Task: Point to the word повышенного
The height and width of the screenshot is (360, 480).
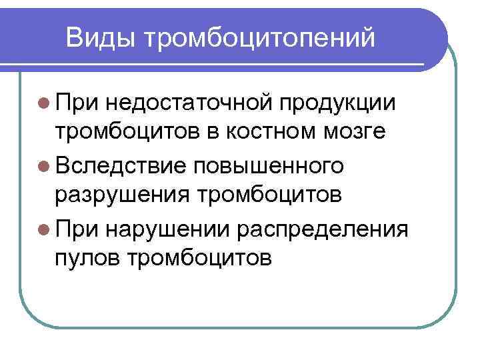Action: click(269, 166)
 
